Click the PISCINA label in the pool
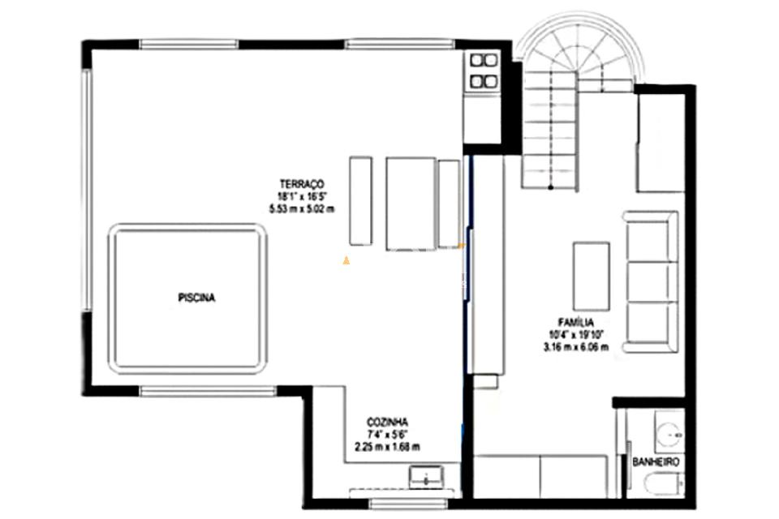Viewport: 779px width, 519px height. coord(196,298)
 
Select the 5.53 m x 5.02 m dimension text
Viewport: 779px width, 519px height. coord(302,208)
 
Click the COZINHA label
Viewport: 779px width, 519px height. coord(388,422)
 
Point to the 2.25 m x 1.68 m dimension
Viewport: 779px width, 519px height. coord(387,447)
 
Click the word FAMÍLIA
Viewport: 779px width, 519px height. coord(576,322)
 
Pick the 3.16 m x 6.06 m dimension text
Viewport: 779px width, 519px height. coord(576,346)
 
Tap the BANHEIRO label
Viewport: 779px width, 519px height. coord(656,462)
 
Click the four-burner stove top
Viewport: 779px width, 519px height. coord(484,71)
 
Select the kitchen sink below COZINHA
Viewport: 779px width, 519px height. coord(426,477)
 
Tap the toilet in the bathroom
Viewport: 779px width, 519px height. coord(665,484)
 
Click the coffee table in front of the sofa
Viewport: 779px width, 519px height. coord(592,277)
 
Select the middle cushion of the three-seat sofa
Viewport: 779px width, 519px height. coord(652,281)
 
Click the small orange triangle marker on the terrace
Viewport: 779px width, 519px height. coord(346,259)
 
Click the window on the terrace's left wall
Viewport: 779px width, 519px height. coord(87,191)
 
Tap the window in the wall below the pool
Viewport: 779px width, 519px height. coord(207,392)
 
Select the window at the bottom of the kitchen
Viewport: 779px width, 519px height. coord(408,504)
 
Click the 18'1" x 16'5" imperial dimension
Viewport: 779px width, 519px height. coord(302,196)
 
